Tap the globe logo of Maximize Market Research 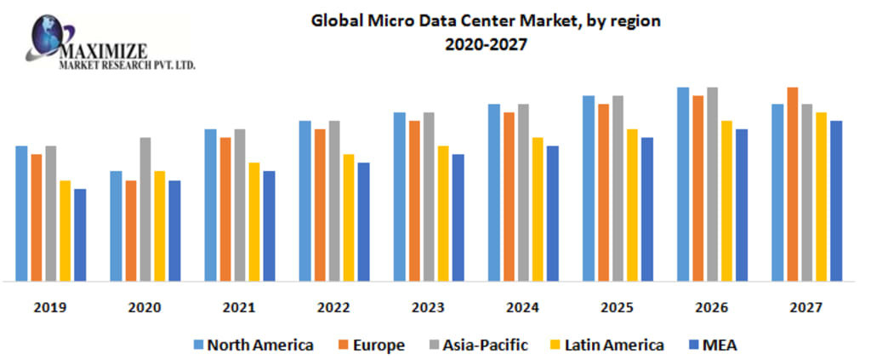(x=49, y=33)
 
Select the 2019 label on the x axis (x=50, y=307)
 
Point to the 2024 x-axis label (x=522, y=307)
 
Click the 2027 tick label (x=806, y=307)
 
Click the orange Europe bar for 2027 (x=792, y=184)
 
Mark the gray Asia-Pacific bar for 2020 (x=145, y=209)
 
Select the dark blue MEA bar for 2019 (x=80, y=235)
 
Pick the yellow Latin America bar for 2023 (x=443, y=214)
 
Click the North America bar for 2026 (x=683, y=184)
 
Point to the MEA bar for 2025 (x=646, y=209)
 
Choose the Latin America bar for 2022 (x=349, y=218)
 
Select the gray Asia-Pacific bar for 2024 (x=523, y=192)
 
